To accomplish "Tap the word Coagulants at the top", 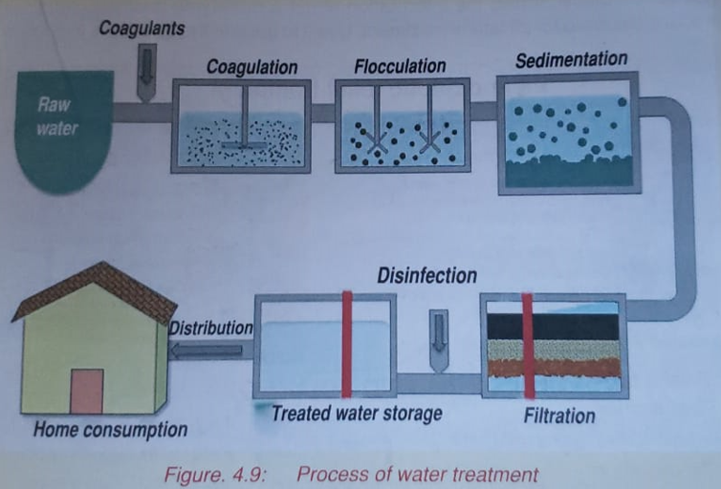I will (x=142, y=29).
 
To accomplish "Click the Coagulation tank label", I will (x=252, y=68).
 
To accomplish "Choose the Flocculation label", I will (x=400, y=66).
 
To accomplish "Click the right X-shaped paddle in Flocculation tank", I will (x=429, y=142).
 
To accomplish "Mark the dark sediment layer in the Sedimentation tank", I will (x=565, y=173).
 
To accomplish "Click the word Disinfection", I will (x=426, y=276).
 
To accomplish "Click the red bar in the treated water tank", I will (x=347, y=344).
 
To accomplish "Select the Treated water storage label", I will (x=356, y=414).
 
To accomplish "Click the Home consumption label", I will (x=110, y=430).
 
